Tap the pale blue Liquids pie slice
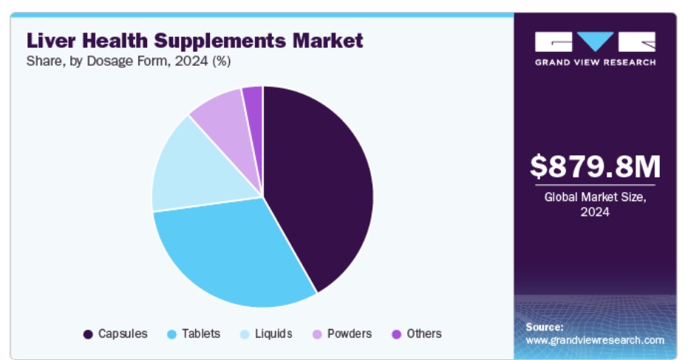click(x=197, y=171)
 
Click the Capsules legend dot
click(x=88, y=335)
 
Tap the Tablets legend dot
click(x=172, y=335)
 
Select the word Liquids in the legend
click(x=273, y=334)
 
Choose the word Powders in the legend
click(x=350, y=334)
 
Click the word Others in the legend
click(x=424, y=334)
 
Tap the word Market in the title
click(x=328, y=41)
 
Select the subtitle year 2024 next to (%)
click(x=191, y=61)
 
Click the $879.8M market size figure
click(x=595, y=166)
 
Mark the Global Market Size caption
click(x=595, y=205)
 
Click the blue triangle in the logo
click(x=595, y=41)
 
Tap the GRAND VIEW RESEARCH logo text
click(x=595, y=62)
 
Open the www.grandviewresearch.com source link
click(x=595, y=340)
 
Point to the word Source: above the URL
click(x=545, y=327)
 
